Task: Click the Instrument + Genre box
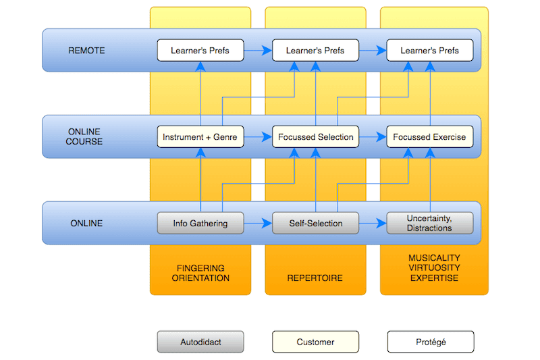click(x=200, y=136)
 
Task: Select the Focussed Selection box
click(x=315, y=136)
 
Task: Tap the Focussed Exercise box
click(x=430, y=136)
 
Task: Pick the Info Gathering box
click(x=200, y=224)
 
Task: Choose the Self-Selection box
click(x=315, y=224)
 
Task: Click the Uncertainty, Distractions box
click(x=430, y=224)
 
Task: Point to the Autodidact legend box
click(x=200, y=342)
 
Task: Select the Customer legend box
click(x=315, y=342)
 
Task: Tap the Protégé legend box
click(x=431, y=342)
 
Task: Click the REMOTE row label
click(x=86, y=51)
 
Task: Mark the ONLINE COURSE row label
click(x=84, y=136)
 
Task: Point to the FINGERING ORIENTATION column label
click(x=200, y=273)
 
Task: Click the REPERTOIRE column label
click(x=315, y=278)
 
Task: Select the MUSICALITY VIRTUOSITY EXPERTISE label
click(x=434, y=268)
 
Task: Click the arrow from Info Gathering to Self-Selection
click(x=258, y=224)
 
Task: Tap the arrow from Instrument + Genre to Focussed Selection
click(x=258, y=136)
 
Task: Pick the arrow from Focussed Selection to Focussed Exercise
click(x=373, y=136)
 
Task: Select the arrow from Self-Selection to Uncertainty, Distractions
click(x=373, y=224)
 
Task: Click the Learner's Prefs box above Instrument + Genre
click(x=200, y=50)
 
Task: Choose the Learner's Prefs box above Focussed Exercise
click(x=430, y=50)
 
